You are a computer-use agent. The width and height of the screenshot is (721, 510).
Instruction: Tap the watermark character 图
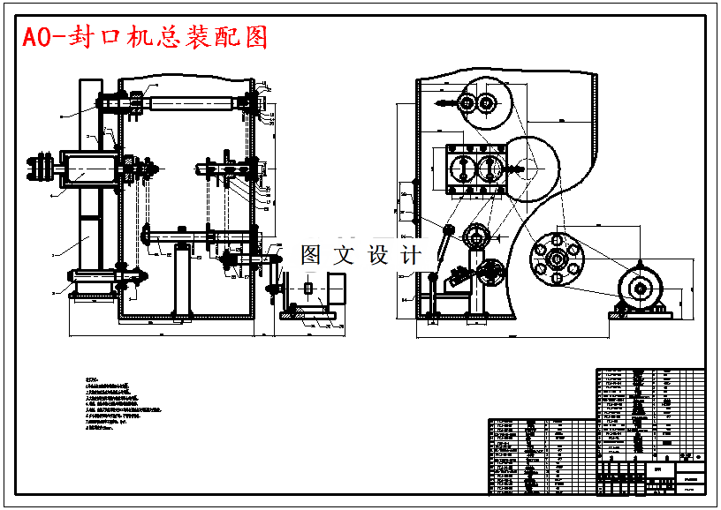point(312,255)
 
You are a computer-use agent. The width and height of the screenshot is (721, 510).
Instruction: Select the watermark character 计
point(412,255)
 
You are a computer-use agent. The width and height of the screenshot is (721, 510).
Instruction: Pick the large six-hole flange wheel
point(556,258)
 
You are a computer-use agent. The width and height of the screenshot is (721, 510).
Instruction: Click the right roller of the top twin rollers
point(485,103)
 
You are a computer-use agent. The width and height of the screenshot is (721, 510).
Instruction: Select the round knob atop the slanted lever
point(449,231)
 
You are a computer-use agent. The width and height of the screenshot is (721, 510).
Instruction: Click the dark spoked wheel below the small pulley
point(489,271)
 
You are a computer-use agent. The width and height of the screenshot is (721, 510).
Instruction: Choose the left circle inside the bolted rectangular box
point(460,168)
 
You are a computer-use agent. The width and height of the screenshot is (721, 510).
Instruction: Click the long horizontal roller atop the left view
point(194,103)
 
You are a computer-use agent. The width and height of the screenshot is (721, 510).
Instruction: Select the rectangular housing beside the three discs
point(86,167)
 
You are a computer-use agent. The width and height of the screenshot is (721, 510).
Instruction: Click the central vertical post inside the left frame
point(182,281)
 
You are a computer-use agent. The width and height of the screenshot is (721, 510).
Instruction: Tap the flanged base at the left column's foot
point(94,286)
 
